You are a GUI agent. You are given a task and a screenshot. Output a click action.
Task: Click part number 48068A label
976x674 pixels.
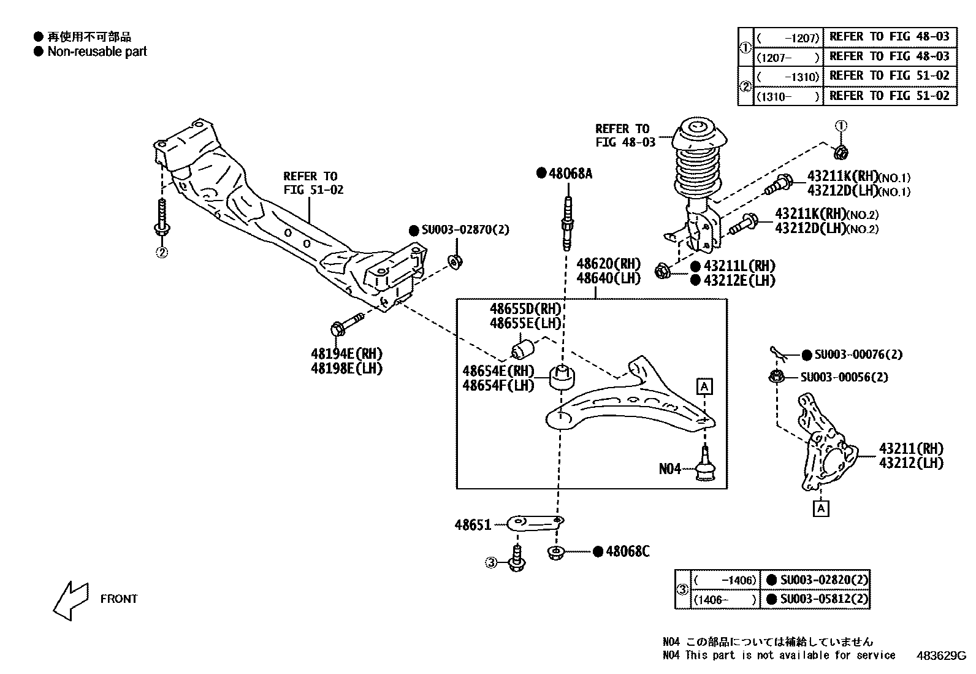[570, 174]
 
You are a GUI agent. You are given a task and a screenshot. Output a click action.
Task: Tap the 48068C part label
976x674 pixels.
[627, 551]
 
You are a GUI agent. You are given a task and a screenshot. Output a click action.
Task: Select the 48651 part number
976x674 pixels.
[473, 524]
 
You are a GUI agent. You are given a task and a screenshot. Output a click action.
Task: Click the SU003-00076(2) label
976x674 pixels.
[858, 354]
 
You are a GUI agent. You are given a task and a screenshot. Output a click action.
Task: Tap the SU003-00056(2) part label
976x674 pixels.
[844, 377]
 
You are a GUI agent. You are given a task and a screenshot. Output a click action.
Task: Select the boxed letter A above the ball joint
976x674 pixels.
[704, 387]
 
